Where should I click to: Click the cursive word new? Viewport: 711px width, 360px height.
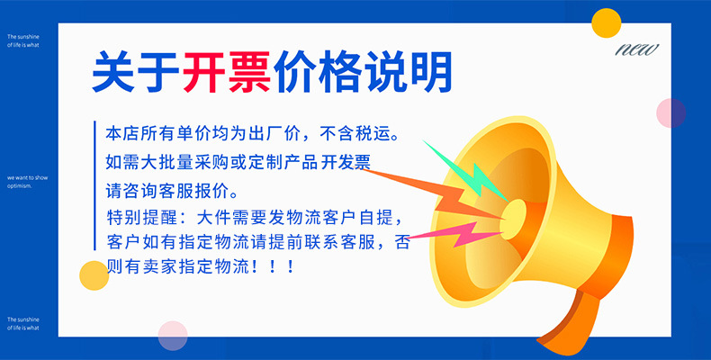pos(637,49)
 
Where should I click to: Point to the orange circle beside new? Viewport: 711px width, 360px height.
pos(607,22)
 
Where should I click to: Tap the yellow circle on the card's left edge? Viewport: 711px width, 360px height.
pos(94,275)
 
